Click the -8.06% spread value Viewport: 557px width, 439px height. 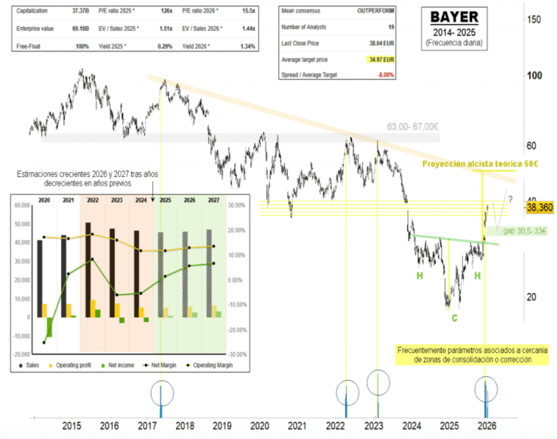click(x=384, y=75)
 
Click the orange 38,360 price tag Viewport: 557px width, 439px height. click(x=539, y=208)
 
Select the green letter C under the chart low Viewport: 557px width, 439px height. click(x=454, y=317)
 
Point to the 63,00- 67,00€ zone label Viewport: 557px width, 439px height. click(x=413, y=126)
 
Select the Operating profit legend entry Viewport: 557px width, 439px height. click(x=71, y=365)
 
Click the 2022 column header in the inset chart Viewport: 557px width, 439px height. click(x=92, y=200)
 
